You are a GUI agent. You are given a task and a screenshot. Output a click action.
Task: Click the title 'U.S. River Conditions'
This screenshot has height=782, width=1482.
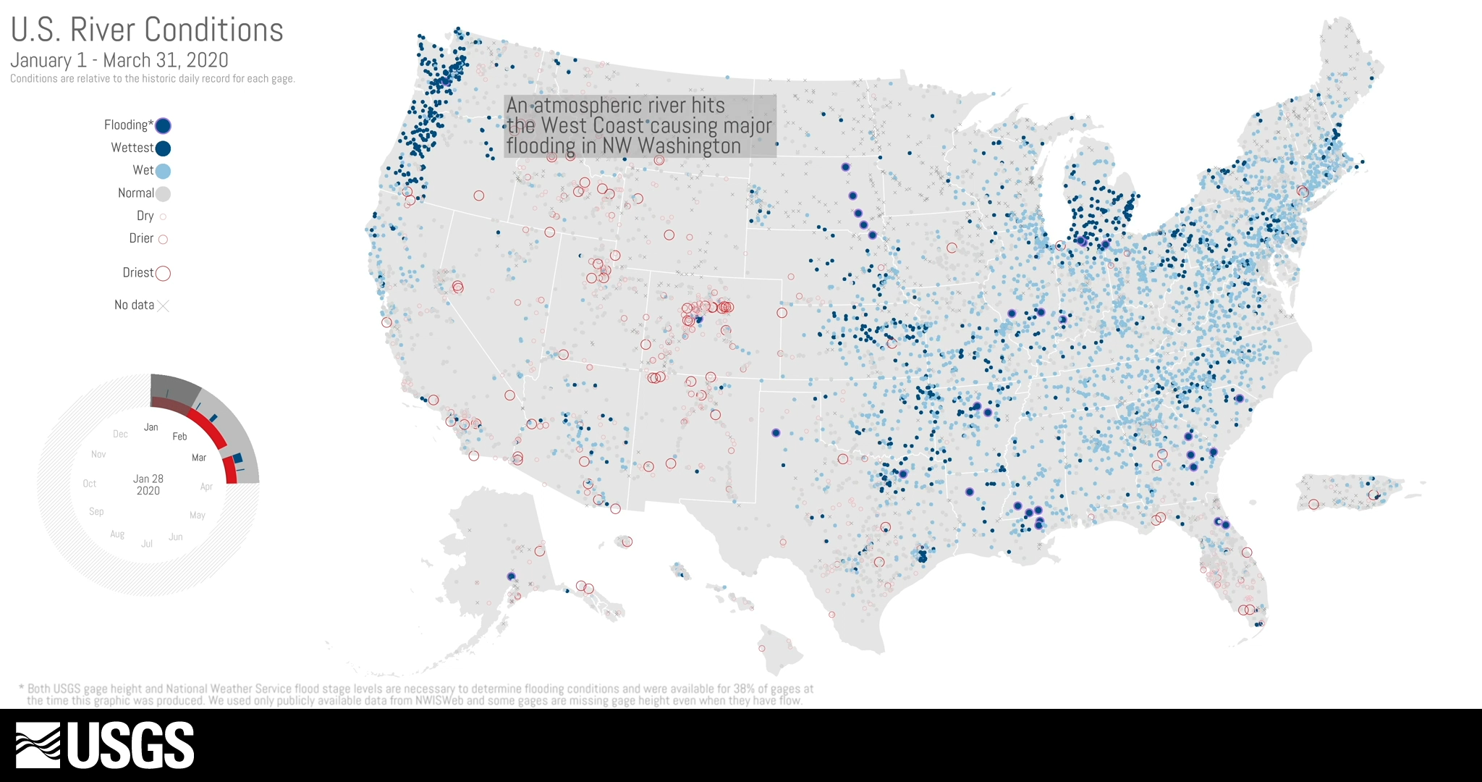(x=147, y=30)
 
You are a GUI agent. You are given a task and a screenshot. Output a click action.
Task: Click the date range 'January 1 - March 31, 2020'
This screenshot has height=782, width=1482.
(x=119, y=60)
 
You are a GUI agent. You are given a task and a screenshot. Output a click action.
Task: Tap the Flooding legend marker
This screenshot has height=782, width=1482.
(x=164, y=126)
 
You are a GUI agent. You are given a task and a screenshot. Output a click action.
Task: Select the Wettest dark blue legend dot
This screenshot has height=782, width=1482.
(x=164, y=148)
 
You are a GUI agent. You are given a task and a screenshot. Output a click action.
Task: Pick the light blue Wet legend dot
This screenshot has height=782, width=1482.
(x=164, y=171)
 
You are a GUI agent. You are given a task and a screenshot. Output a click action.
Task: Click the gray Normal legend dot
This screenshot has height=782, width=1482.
(x=164, y=193)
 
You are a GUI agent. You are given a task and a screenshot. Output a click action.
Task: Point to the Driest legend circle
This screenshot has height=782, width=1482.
(x=164, y=273)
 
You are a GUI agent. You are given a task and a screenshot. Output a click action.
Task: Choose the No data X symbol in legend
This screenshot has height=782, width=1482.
(x=164, y=306)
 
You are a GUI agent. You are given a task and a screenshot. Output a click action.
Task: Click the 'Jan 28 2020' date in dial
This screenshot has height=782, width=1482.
(x=148, y=484)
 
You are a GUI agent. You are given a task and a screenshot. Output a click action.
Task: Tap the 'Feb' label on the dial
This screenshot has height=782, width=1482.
(x=179, y=437)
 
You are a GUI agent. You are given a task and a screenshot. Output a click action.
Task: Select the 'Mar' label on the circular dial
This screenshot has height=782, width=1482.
(x=199, y=458)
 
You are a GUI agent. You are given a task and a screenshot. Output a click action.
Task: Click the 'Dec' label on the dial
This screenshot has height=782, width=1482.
(x=120, y=434)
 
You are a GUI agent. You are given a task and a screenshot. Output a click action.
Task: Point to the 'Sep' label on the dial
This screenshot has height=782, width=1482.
(x=96, y=511)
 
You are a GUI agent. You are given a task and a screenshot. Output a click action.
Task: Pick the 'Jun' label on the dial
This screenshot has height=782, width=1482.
(x=175, y=537)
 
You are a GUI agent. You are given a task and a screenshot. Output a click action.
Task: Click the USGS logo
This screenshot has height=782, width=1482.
(x=105, y=745)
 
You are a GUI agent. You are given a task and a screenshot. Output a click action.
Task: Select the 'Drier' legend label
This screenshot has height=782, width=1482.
(x=141, y=238)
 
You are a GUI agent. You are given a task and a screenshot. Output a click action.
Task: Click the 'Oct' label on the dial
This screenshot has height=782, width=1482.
(x=90, y=484)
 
